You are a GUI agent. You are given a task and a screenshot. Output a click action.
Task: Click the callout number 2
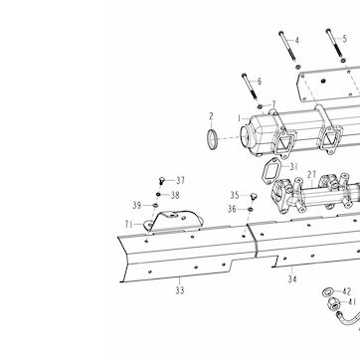[x=212, y=116]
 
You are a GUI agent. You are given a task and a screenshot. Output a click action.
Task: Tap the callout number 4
[x=296, y=41]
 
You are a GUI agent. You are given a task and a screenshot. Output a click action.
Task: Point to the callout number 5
[x=344, y=39]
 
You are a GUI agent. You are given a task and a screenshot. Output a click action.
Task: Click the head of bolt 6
[x=244, y=75]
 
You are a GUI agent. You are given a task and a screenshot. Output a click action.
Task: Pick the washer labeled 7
[x=261, y=106]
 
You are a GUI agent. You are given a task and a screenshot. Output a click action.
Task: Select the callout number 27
[x=311, y=175]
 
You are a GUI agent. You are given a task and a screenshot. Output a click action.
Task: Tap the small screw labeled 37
[x=161, y=181]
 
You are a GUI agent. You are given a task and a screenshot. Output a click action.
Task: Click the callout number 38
[x=175, y=195]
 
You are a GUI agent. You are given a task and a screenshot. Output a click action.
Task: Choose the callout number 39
[x=137, y=206]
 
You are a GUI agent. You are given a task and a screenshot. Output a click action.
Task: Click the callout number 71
[x=129, y=225]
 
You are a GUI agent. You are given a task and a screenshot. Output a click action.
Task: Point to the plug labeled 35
[x=254, y=196]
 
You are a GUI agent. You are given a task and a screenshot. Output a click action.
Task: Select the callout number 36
[x=232, y=209]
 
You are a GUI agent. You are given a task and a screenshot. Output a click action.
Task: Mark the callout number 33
[x=180, y=290]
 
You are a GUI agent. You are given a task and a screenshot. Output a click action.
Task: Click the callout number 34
[x=292, y=279]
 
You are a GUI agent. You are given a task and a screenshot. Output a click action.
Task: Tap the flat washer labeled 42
[x=327, y=292]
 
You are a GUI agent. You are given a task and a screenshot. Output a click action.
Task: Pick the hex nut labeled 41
[x=333, y=304]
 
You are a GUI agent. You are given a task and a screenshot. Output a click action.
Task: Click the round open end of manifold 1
[x=247, y=137]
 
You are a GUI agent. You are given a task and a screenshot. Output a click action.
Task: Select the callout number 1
[x=239, y=118]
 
